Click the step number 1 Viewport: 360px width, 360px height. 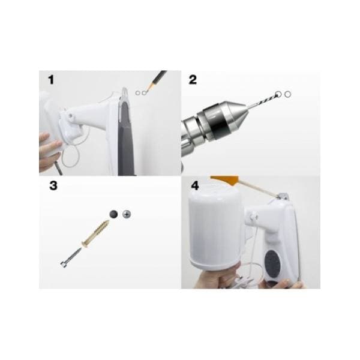tap(51, 80)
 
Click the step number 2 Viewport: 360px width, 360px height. tap(193, 80)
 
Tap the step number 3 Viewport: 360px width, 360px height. tap(53, 185)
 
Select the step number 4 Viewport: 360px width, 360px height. tap(195, 185)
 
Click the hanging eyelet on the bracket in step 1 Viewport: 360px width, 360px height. tap(124, 93)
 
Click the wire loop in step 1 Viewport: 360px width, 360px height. tap(71, 156)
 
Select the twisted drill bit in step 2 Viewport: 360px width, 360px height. tap(262, 101)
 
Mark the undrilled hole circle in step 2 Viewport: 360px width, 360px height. tap(287, 94)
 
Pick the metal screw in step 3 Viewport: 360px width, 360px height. tap(71, 257)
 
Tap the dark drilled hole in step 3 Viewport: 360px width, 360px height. tap(113, 214)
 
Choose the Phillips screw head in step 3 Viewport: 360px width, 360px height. tap(127, 214)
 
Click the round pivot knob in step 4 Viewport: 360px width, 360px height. tap(253, 216)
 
